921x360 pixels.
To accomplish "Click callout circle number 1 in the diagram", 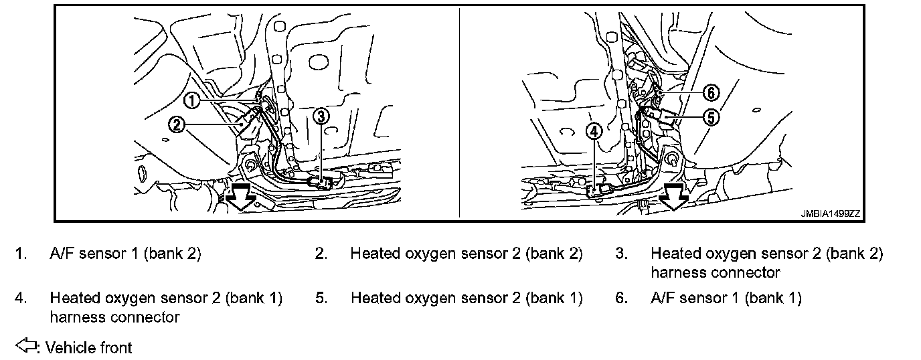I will click(192, 101).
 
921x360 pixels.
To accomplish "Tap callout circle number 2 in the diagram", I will click(176, 124).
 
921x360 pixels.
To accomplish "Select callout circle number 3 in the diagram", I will click(321, 116).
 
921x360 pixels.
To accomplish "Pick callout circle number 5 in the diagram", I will click(710, 117).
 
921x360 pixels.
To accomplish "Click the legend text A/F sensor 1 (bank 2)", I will click(125, 254).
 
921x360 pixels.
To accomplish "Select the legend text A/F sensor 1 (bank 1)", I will click(726, 298).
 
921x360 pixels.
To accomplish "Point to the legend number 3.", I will click(621, 254).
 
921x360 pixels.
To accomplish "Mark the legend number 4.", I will click(21, 298).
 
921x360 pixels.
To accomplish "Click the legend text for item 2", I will click(467, 254).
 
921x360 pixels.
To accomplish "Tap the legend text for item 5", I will click(467, 298).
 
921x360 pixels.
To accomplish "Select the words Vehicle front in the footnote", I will click(89, 348).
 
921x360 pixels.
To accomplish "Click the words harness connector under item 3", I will click(715, 273).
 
